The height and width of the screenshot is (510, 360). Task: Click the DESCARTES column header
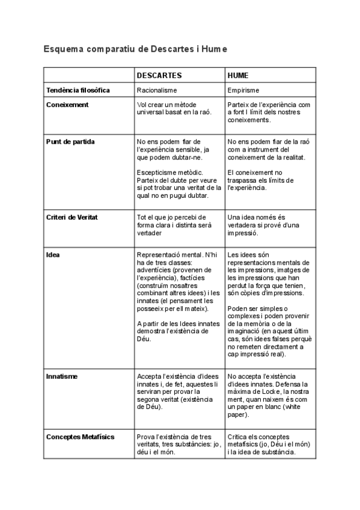[x=159, y=76]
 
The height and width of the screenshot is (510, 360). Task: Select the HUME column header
[x=239, y=76]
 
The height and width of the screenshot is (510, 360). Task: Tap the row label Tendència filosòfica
[x=78, y=90]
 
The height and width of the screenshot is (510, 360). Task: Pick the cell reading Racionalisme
[x=157, y=90]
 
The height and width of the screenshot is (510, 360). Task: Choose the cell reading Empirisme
[x=243, y=90]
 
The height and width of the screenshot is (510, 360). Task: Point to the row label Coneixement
[x=67, y=105]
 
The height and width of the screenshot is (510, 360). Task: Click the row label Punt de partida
[x=70, y=142]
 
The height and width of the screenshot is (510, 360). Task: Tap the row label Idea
[x=53, y=254]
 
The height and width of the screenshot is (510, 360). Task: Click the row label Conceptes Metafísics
[x=80, y=437]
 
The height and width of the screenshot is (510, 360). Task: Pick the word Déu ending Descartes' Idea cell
[x=143, y=339]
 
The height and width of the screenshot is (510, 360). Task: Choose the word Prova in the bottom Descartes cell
[x=147, y=437]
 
